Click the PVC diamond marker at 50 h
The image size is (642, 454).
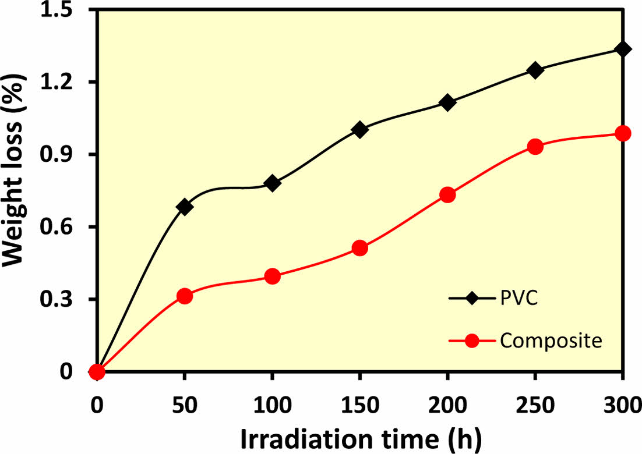click(x=185, y=207)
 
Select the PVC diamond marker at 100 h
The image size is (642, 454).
click(x=272, y=183)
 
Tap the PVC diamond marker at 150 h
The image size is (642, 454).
click(x=360, y=130)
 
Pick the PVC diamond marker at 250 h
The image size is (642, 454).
click(x=535, y=70)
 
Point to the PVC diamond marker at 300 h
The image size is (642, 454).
click(x=623, y=49)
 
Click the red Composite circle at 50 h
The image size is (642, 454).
click(x=185, y=296)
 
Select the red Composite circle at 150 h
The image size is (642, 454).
click(x=360, y=248)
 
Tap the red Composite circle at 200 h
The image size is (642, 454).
click(x=447, y=194)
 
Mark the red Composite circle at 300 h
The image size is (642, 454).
click(x=623, y=133)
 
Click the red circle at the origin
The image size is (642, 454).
click(x=97, y=372)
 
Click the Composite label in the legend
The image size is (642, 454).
click(x=551, y=341)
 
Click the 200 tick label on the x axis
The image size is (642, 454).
click(x=447, y=403)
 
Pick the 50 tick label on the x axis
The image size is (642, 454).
click(x=185, y=403)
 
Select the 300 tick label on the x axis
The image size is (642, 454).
click(x=623, y=403)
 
